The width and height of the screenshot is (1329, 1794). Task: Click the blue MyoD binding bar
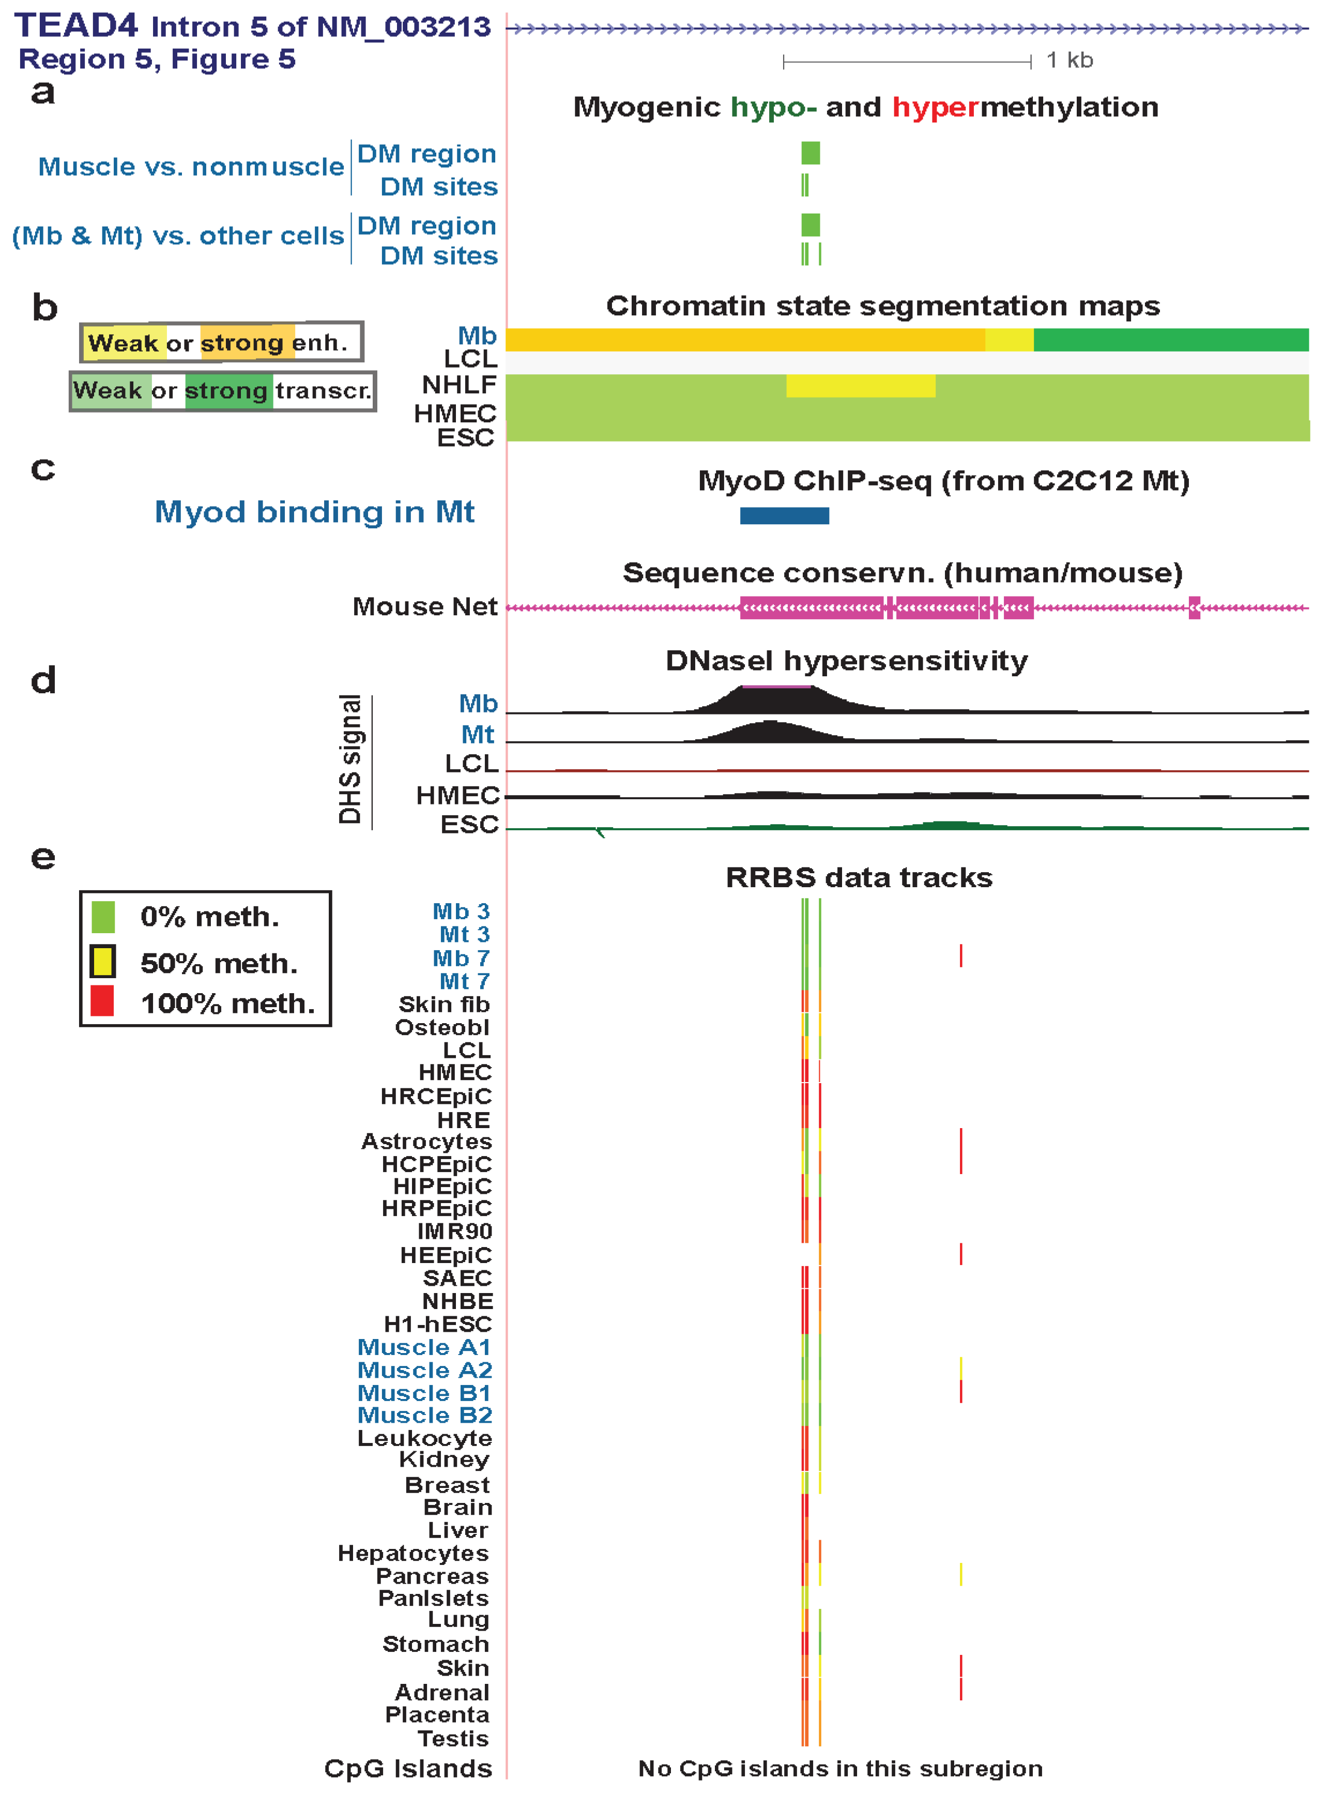784,515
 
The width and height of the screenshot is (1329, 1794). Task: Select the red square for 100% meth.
102,1001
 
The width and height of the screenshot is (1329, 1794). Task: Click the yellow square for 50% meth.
102,961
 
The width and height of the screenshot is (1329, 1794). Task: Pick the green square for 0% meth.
103,916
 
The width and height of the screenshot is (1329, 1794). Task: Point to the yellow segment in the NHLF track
860,386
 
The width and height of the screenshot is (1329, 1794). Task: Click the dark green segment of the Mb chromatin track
1170,340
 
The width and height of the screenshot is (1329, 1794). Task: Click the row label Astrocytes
426,1142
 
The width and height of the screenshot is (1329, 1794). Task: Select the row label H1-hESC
438,1324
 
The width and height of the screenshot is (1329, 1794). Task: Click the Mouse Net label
425,606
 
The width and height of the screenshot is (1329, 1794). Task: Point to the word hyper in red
936,107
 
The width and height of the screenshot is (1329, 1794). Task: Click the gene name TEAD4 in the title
77,26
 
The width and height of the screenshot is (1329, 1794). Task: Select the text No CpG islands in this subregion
840,1768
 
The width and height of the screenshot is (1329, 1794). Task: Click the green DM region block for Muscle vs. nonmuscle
810,153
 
